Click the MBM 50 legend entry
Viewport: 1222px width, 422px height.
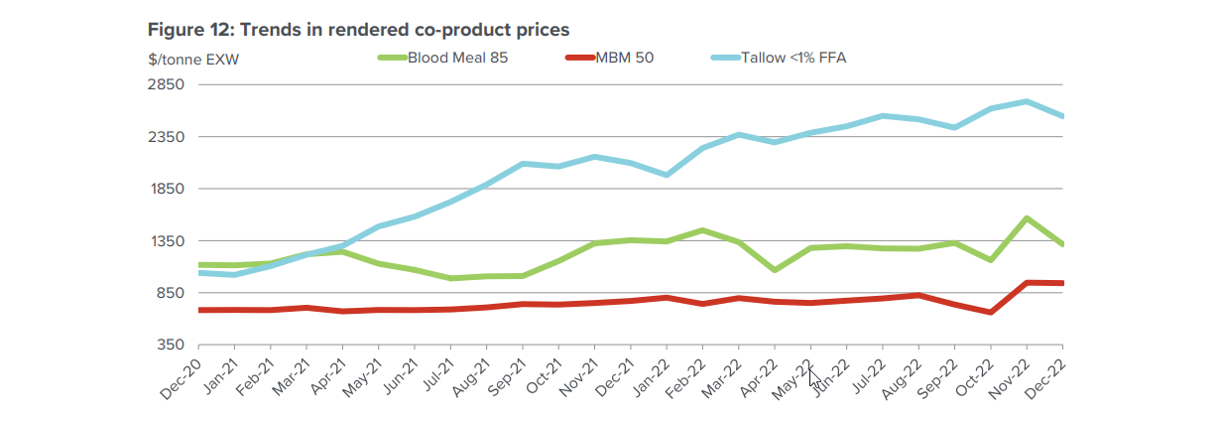(624, 58)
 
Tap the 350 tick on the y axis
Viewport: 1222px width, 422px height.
(170, 345)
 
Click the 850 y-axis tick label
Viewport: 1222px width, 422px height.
(170, 293)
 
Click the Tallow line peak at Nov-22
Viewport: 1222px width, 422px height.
(1026, 101)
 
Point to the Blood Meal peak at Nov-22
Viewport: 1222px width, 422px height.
(1026, 217)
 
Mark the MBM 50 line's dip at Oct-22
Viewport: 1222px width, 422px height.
(990, 312)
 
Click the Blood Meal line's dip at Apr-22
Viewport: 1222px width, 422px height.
(773, 270)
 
